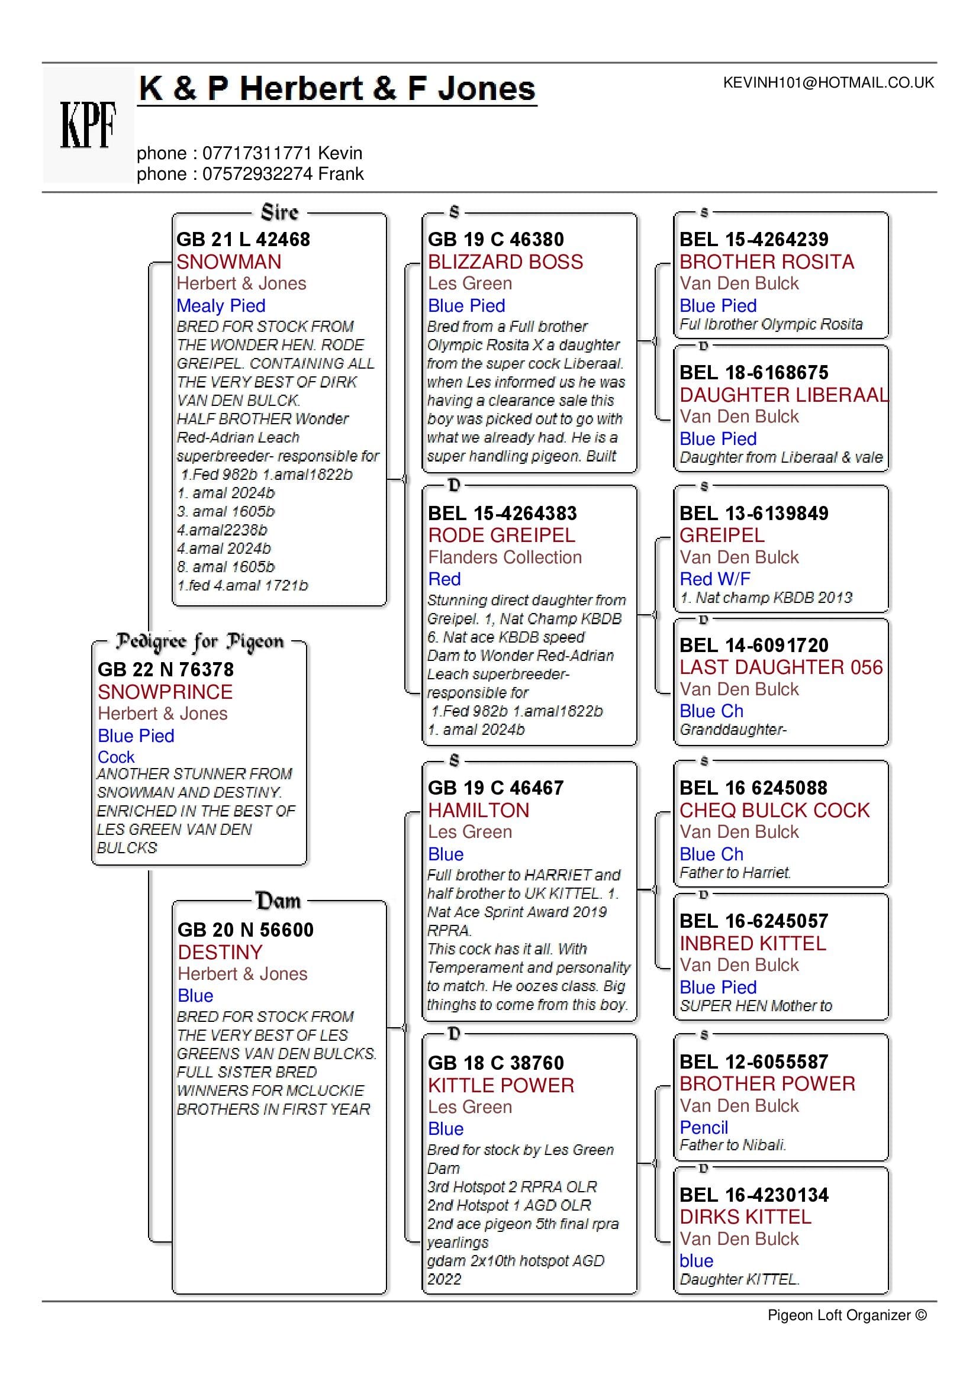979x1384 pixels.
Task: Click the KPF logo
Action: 88,125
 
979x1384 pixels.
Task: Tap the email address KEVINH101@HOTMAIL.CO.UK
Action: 827,83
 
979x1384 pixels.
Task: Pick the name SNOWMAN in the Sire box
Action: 228,262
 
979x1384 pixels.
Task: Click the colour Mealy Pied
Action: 221,305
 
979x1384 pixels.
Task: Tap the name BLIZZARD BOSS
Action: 505,262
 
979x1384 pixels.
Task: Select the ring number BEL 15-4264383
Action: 502,513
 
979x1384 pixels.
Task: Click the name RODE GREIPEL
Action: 501,535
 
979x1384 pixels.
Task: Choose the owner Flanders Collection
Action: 504,557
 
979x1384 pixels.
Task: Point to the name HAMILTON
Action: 478,809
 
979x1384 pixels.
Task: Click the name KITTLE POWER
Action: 500,1085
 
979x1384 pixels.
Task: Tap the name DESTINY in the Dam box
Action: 220,952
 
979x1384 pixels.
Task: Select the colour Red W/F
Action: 714,579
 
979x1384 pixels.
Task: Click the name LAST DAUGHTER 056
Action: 781,667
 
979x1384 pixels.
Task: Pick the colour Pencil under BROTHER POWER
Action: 704,1127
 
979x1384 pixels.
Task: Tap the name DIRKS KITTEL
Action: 745,1217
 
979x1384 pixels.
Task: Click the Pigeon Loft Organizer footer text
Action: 846,1315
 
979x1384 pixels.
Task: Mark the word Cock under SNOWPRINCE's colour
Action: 116,757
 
